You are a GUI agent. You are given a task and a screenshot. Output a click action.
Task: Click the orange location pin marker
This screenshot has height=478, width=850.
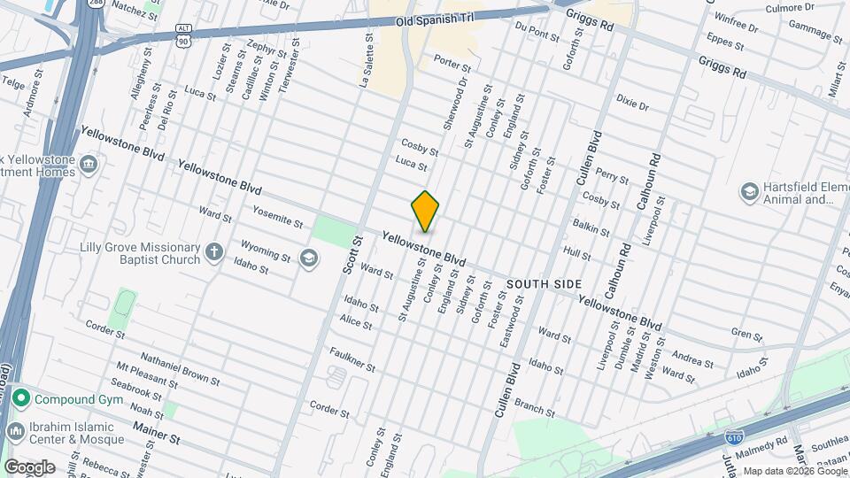tap(425, 212)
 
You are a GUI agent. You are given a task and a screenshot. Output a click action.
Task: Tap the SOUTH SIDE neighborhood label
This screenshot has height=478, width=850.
tap(544, 284)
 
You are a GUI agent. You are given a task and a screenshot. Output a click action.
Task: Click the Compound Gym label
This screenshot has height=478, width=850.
tap(76, 399)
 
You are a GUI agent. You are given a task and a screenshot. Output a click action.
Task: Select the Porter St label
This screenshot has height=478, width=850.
tap(452, 63)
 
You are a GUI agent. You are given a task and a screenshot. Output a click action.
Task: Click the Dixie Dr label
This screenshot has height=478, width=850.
tap(632, 99)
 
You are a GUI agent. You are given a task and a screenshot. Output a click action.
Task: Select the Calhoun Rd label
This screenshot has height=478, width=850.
tap(645, 182)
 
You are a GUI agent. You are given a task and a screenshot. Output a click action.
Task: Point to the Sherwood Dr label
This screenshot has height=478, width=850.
tap(454, 104)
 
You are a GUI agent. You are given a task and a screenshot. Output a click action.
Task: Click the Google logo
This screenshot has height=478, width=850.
tap(29, 466)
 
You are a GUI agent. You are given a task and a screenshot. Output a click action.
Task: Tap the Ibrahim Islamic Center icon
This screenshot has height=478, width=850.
tap(15, 431)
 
